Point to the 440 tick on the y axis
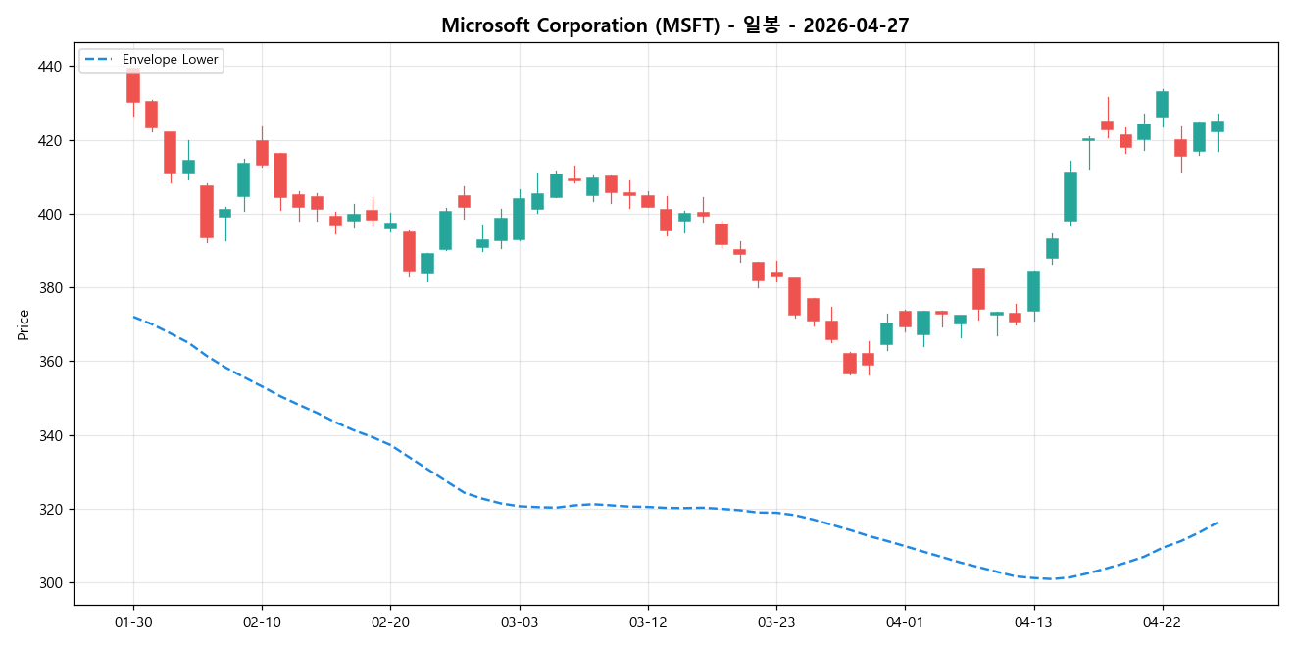(49, 67)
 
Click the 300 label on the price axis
(49, 583)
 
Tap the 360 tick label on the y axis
(49, 362)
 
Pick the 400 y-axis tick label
(49, 214)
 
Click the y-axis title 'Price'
(24, 324)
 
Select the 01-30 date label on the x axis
(133, 622)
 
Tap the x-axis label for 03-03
(519, 622)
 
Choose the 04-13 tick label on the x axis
(1033, 622)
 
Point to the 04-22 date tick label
(1162, 622)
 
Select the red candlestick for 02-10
(262, 153)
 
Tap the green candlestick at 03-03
(519, 219)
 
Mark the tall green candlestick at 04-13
(1033, 291)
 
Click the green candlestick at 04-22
(1162, 104)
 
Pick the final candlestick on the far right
(1218, 126)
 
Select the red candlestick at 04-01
(905, 319)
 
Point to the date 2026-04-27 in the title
(856, 25)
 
